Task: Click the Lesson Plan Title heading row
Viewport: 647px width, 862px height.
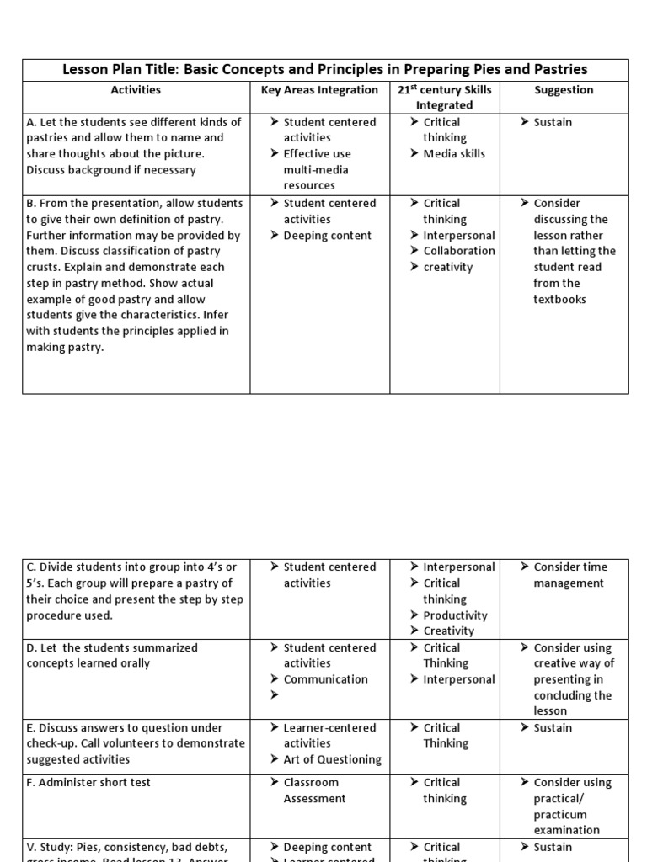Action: [325, 69]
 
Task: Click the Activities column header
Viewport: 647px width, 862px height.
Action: [136, 89]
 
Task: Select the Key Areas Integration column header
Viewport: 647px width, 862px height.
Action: [319, 89]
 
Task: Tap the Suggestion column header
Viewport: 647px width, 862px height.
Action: [564, 89]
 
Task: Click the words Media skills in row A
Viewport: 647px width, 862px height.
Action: [454, 153]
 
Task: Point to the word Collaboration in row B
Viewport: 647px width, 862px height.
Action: [459, 251]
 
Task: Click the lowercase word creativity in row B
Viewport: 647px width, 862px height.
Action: [448, 267]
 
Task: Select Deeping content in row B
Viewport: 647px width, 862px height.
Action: [327, 235]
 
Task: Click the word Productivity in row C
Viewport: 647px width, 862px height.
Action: [455, 615]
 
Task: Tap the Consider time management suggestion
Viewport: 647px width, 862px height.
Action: [569, 575]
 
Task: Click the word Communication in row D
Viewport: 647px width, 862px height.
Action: [325, 679]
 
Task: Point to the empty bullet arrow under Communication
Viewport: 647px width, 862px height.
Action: [275, 695]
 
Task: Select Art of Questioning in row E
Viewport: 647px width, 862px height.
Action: [332, 759]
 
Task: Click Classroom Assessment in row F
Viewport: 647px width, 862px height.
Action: [313, 790]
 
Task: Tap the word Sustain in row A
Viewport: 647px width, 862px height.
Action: [553, 122]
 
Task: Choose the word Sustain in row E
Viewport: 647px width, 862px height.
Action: [553, 727]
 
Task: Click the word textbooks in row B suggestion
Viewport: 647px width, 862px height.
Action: [559, 299]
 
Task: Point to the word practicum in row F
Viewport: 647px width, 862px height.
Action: [560, 814]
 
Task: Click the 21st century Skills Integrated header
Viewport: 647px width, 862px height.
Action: [444, 97]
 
